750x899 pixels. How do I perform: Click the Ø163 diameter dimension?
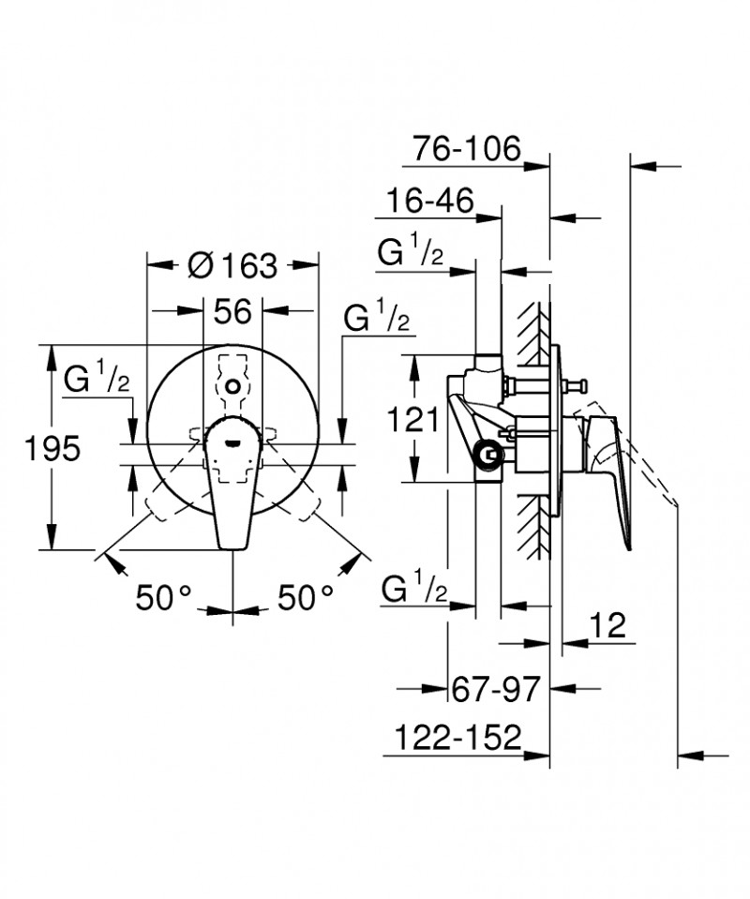232,266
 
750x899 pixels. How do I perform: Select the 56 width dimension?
232,311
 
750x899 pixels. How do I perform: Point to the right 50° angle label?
306,597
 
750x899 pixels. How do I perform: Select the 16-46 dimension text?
429,201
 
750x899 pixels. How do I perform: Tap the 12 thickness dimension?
608,625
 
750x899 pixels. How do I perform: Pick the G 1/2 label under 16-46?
411,252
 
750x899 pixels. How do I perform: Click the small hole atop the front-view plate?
233,385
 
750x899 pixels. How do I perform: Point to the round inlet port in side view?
487,457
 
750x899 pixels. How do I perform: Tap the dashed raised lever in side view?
647,469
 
